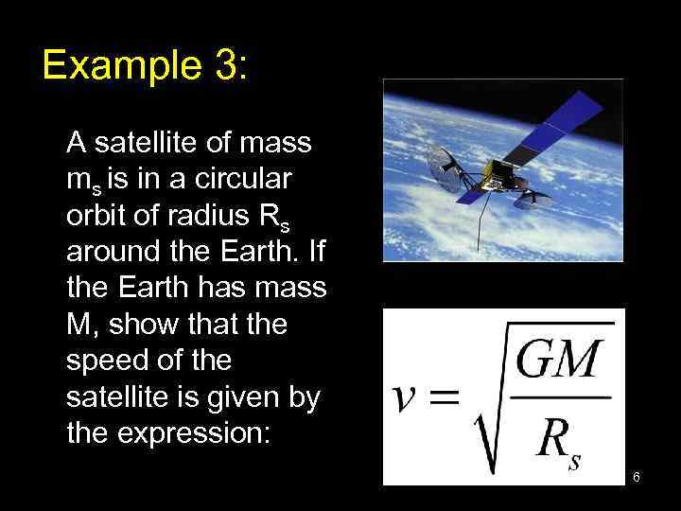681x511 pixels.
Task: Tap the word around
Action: (x=112, y=254)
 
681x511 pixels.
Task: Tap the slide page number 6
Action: (x=637, y=477)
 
